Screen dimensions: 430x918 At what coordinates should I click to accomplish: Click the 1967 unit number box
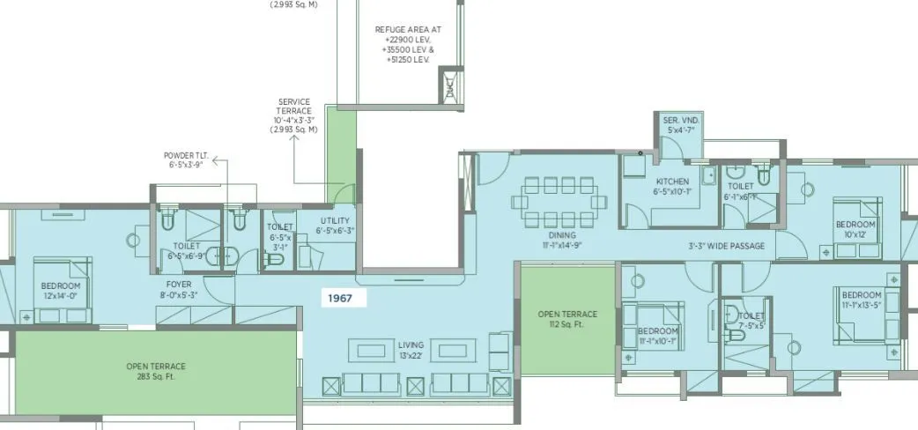click(x=340, y=299)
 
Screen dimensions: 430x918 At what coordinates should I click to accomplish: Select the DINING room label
click(x=561, y=241)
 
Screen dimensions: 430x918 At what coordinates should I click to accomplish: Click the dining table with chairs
click(x=561, y=204)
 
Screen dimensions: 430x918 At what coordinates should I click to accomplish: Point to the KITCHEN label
click(x=671, y=186)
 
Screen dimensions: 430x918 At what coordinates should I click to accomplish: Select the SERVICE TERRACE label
click(x=294, y=115)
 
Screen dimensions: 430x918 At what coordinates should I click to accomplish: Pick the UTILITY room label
click(x=333, y=226)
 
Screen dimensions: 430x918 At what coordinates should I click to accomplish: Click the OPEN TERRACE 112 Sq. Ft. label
click(x=567, y=319)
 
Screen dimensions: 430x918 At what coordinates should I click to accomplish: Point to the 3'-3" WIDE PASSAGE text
click(x=726, y=246)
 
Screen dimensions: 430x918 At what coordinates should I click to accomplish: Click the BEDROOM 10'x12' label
click(x=855, y=229)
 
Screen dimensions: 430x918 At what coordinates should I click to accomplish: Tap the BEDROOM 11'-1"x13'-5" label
click(x=861, y=300)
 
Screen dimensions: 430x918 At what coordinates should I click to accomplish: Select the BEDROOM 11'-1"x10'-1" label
click(x=657, y=336)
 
